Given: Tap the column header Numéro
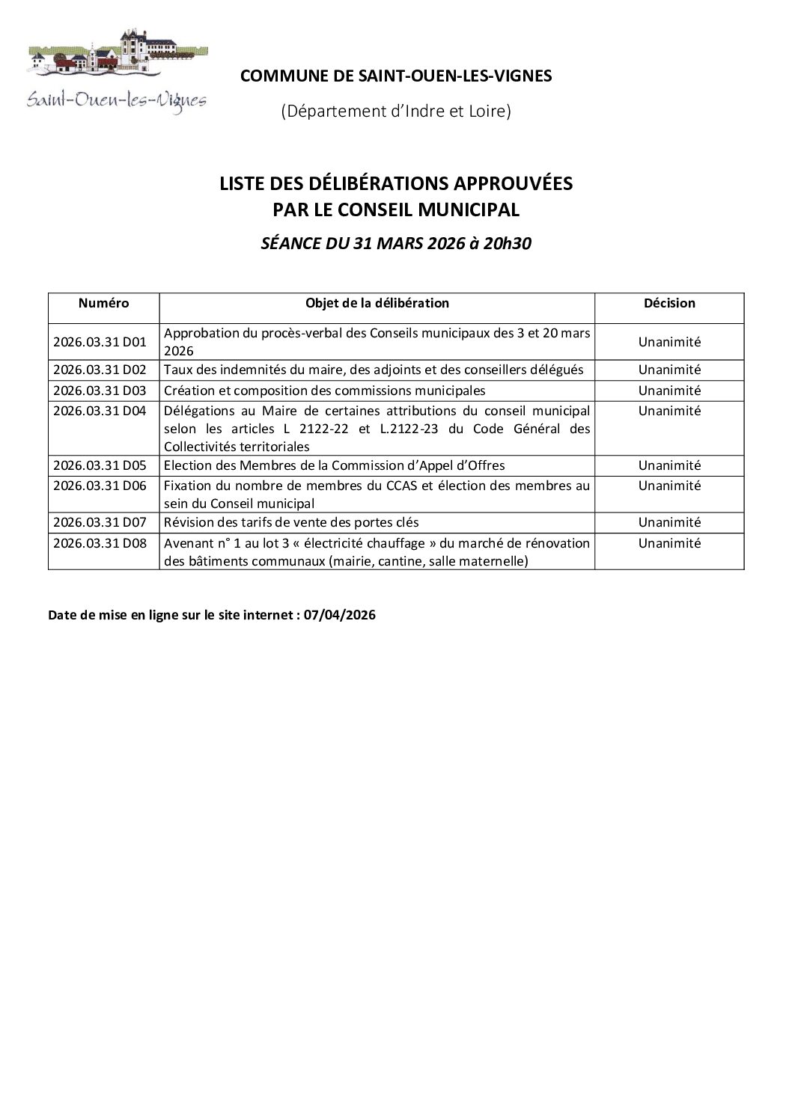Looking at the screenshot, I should tap(103, 303).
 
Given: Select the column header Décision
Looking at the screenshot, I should tap(669, 303).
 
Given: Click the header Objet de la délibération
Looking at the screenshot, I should tap(377, 303).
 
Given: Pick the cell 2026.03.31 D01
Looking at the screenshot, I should tap(100, 342).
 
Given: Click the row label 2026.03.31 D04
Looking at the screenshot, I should tap(100, 411).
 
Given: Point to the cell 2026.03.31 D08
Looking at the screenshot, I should tap(100, 543).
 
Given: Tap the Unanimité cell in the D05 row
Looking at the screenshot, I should tap(669, 465).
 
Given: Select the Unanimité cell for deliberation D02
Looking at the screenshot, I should tap(669, 370).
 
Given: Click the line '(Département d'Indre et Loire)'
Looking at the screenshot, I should tap(396, 111).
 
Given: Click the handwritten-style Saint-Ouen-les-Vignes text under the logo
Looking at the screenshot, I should tap(117, 100).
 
